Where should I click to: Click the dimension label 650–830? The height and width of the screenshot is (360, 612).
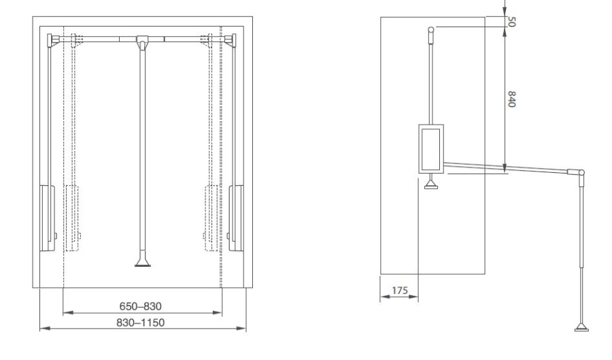coord(141,306)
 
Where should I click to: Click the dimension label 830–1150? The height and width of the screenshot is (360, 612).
coord(141,323)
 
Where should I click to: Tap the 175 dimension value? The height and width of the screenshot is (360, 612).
coord(399,291)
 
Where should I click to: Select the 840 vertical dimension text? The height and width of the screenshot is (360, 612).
coord(511,99)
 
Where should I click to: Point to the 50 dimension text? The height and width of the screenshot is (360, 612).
coord(511,22)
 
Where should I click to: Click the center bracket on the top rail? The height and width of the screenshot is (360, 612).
coord(142,41)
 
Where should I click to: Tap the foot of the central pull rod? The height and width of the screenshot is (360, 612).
coord(143,262)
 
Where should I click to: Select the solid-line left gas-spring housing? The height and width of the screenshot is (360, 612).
coord(47,218)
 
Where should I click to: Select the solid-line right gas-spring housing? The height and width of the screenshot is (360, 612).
coord(236,218)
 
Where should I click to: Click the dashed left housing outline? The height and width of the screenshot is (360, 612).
coord(72,218)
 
